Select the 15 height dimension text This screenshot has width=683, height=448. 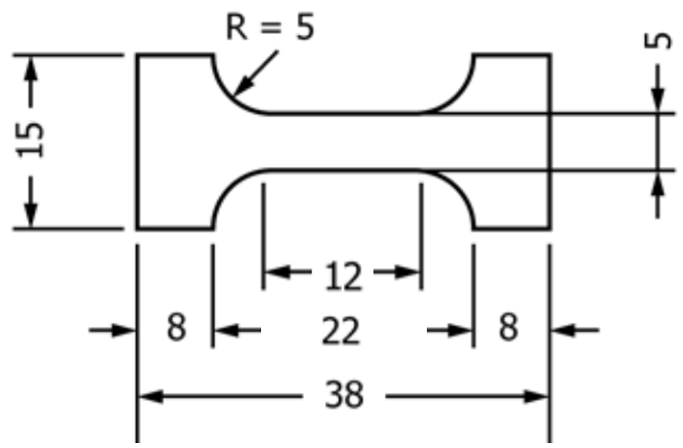tap(30, 141)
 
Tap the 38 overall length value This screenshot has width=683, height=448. tap(343, 396)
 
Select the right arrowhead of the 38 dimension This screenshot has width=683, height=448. tap(540, 396)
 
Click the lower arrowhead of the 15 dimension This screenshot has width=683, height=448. tap(30, 218)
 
